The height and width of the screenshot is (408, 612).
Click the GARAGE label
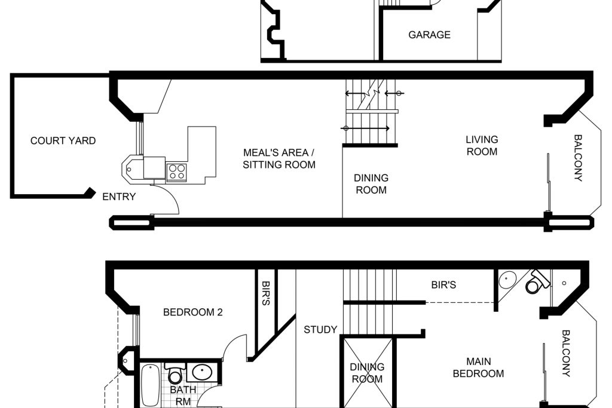pyautogui.click(x=429, y=35)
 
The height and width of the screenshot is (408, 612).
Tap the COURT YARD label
pyautogui.click(x=63, y=140)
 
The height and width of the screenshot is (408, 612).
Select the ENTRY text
pyautogui.click(x=119, y=197)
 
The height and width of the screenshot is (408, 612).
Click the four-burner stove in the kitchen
pyautogui.click(x=176, y=172)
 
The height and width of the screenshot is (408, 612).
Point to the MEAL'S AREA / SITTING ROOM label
pyautogui.click(x=279, y=158)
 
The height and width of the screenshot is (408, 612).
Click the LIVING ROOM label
pyautogui.click(x=482, y=146)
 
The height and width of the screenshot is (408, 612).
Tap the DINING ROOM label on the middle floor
pyautogui.click(x=371, y=184)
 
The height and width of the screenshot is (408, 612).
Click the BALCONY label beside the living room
pyautogui.click(x=578, y=158)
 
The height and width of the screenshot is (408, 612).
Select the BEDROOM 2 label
pyautogui.click(x=193, y=312)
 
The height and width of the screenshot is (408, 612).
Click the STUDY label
pyautogui.click(x=320, y=330)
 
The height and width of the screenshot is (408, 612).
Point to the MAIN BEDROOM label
pyautogui.click(x=479, y=367)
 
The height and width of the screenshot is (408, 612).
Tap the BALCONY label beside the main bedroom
pyautogui.click(x=566, y=354)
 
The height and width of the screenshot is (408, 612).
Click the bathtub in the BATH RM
pyautogui.click(x=150, y=385)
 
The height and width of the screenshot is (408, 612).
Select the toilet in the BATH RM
pyautogui.click(x=175, y=373)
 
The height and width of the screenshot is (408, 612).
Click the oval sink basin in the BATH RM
pyautogui.click(x=202, y=373)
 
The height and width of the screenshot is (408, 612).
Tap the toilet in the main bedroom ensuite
pyautogui.click(x=537, y=281)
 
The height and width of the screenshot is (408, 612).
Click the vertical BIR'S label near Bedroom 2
pyautogui.click(x=265, y=293)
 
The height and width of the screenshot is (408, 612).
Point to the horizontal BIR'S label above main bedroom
pyautogui.click(x=443, y=285)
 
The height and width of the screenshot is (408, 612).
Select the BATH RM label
pyautogui.click(x=183, y=395)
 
